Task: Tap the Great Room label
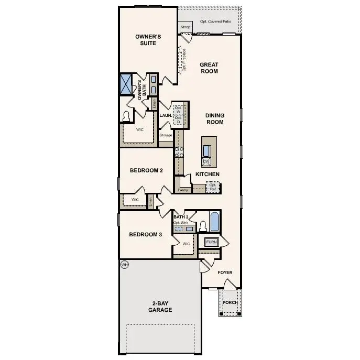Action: tap(209, 68)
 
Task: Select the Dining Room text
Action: tap(214, 118)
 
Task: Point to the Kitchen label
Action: tap(208, 174)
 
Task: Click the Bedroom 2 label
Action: tap(146, 170)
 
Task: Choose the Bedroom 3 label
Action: tap(145, 234)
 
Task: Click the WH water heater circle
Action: tap(125, 265)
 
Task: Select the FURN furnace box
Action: tap(211, 242)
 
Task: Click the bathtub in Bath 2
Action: tap(215, 222)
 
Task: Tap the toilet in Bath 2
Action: tap(203, 226)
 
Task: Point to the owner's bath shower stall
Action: tap(126, 84)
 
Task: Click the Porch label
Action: tap(230, 302)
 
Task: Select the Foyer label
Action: tap(225, 272)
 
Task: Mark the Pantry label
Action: tap(183, 190)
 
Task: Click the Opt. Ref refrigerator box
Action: tap(213, 187)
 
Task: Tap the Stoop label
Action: tap(185, 27)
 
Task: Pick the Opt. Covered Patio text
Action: tap(215, 22)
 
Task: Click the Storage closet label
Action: tap(166, 136)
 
